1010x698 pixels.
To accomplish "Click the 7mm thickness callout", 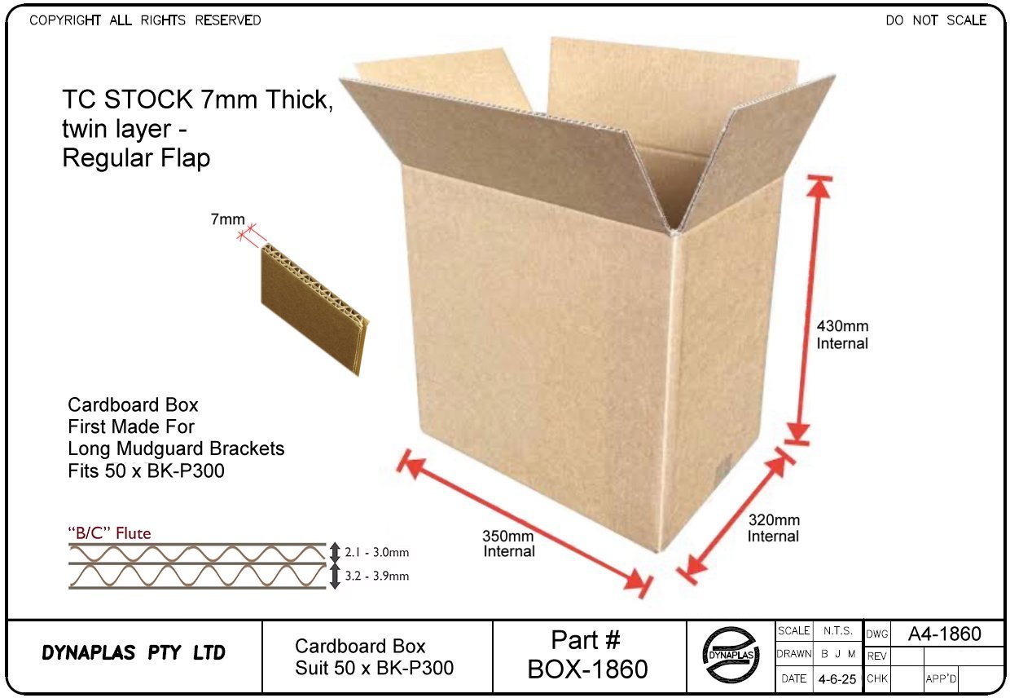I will point(227,219).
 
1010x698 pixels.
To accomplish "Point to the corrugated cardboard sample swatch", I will point(314,310).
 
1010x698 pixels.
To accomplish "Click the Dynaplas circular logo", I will point(731,656).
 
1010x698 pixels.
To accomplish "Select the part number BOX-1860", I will point(587,669).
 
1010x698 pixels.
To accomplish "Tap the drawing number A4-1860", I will point(944,634).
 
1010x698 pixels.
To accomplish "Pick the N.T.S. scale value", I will point(837,631).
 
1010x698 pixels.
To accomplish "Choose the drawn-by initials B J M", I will point(837,655).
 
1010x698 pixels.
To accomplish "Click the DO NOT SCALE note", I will point(936,20).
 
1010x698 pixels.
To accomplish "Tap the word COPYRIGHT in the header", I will point(65,20).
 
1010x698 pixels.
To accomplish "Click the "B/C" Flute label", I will point(108,534).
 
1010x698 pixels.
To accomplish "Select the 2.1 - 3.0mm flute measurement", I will point(377,553).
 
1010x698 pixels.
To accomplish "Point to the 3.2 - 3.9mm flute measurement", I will point(377,577).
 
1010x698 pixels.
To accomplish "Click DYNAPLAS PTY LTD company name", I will point(134,654).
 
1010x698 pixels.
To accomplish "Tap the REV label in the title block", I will point(876,656).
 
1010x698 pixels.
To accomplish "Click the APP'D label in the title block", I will point(940,678).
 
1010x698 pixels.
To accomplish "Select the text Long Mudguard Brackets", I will point(176,448).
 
